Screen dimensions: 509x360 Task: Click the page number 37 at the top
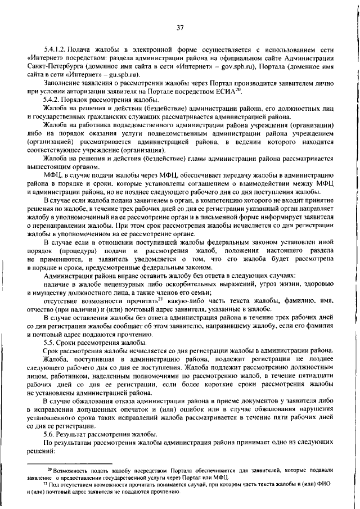coord(181,27)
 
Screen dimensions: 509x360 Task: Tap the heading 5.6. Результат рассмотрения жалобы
coord(93,435)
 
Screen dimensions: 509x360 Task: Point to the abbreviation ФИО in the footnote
coord(323,484)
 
